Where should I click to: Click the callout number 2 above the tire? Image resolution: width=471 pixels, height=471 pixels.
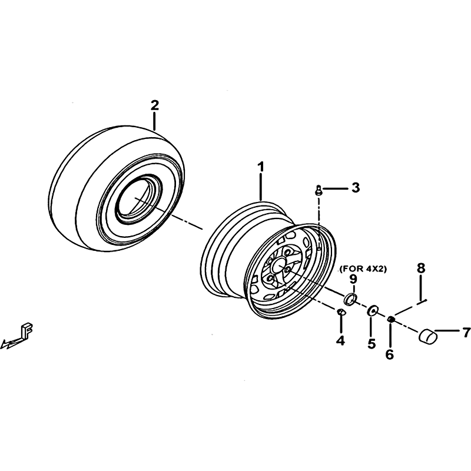tap(154, 105)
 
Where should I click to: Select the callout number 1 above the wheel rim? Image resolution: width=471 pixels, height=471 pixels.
tap(261, 167)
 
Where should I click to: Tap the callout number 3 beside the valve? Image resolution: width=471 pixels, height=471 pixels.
tap(356, 187)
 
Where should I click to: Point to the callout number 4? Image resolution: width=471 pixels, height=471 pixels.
tap(340, 341)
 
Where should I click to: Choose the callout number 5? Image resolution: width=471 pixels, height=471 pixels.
tap(372, 344)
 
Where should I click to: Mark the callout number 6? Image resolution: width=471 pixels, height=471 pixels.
tap(389, 354)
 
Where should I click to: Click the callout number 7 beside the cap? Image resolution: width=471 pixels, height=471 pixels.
tap(466, 333)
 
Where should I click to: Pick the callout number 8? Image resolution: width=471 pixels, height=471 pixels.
tap(421, 268)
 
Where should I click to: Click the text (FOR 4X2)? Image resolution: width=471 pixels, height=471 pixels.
tap(363, 269)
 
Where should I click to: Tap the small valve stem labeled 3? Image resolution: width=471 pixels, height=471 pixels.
tap(318, 190)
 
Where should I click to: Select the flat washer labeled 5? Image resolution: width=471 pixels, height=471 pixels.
tap(373, 310)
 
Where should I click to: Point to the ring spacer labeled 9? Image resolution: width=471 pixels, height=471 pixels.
tap(350, 299)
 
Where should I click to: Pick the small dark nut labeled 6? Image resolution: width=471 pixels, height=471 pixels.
tap(391, 319)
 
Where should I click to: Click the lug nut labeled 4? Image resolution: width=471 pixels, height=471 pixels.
tap(341, 312)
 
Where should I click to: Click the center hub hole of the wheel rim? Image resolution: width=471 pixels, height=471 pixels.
tap(278, 265)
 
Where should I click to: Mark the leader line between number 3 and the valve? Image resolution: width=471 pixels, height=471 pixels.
tap(334, 188)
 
